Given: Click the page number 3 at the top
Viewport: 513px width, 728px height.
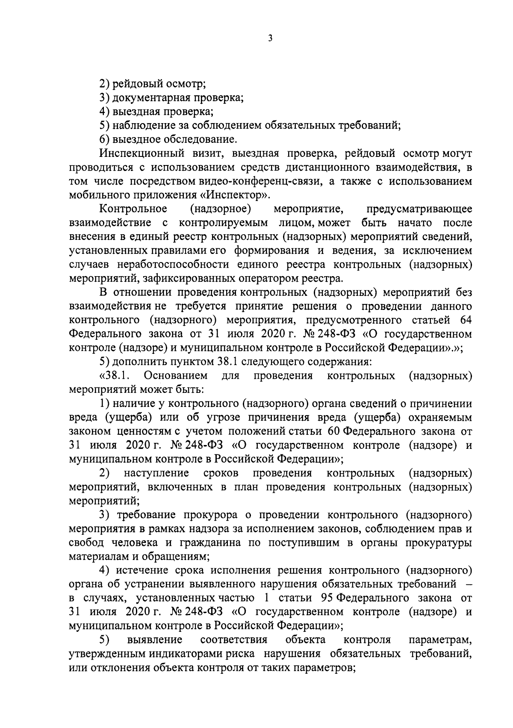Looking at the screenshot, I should coord(270,38).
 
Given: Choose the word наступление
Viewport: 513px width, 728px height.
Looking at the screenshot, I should coord(156,473).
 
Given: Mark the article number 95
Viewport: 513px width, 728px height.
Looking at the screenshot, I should coord(327,598).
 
